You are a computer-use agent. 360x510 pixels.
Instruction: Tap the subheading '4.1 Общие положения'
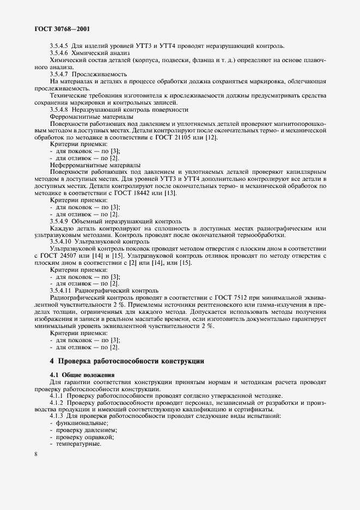(82, 375)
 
